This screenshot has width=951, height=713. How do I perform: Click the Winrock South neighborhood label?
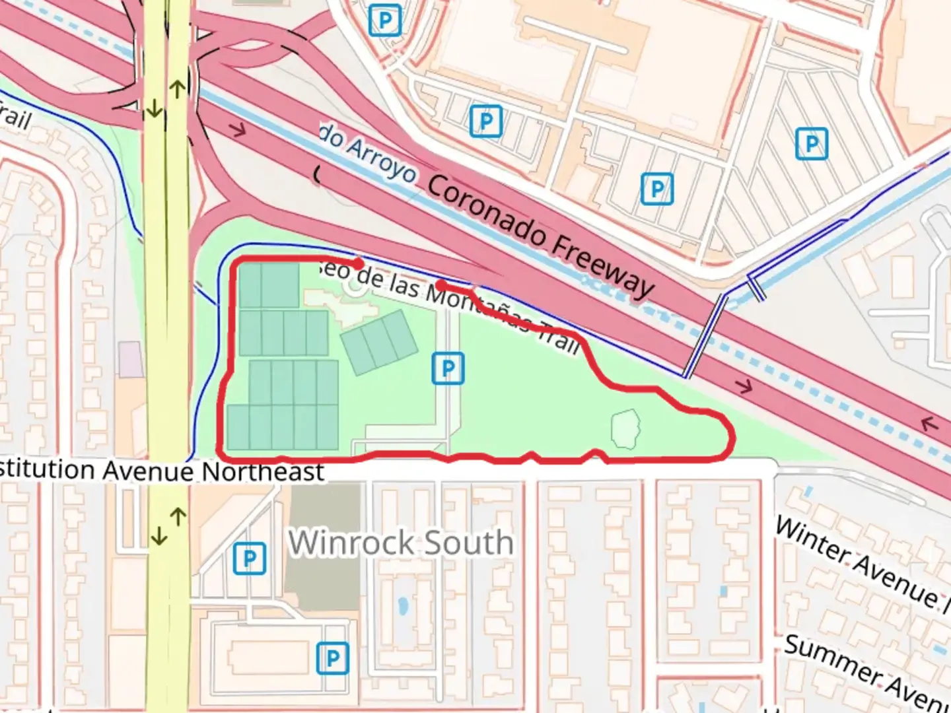coord(400,543)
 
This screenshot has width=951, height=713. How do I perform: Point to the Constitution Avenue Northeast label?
coord(162,471)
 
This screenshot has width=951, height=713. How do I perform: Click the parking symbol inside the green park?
coord(448,368)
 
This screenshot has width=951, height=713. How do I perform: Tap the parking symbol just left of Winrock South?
coord(250,559)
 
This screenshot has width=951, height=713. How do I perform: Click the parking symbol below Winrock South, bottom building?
coord(332,658)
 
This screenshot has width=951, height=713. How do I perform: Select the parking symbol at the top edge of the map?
coord(385,20)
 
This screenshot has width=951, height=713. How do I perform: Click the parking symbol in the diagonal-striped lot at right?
coord(812,143)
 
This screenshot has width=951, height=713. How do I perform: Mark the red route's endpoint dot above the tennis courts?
coord(359,263)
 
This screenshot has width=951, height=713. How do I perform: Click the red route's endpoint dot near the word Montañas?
coord(440,285)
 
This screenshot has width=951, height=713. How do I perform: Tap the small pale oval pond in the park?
coord(625,428)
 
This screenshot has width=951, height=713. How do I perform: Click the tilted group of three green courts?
coord(379,343)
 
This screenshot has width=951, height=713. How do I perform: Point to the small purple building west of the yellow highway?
coord(130,359)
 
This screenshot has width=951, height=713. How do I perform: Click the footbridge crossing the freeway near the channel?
coord(705,337)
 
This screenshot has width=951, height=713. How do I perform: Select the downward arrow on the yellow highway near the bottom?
coord(158,537)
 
